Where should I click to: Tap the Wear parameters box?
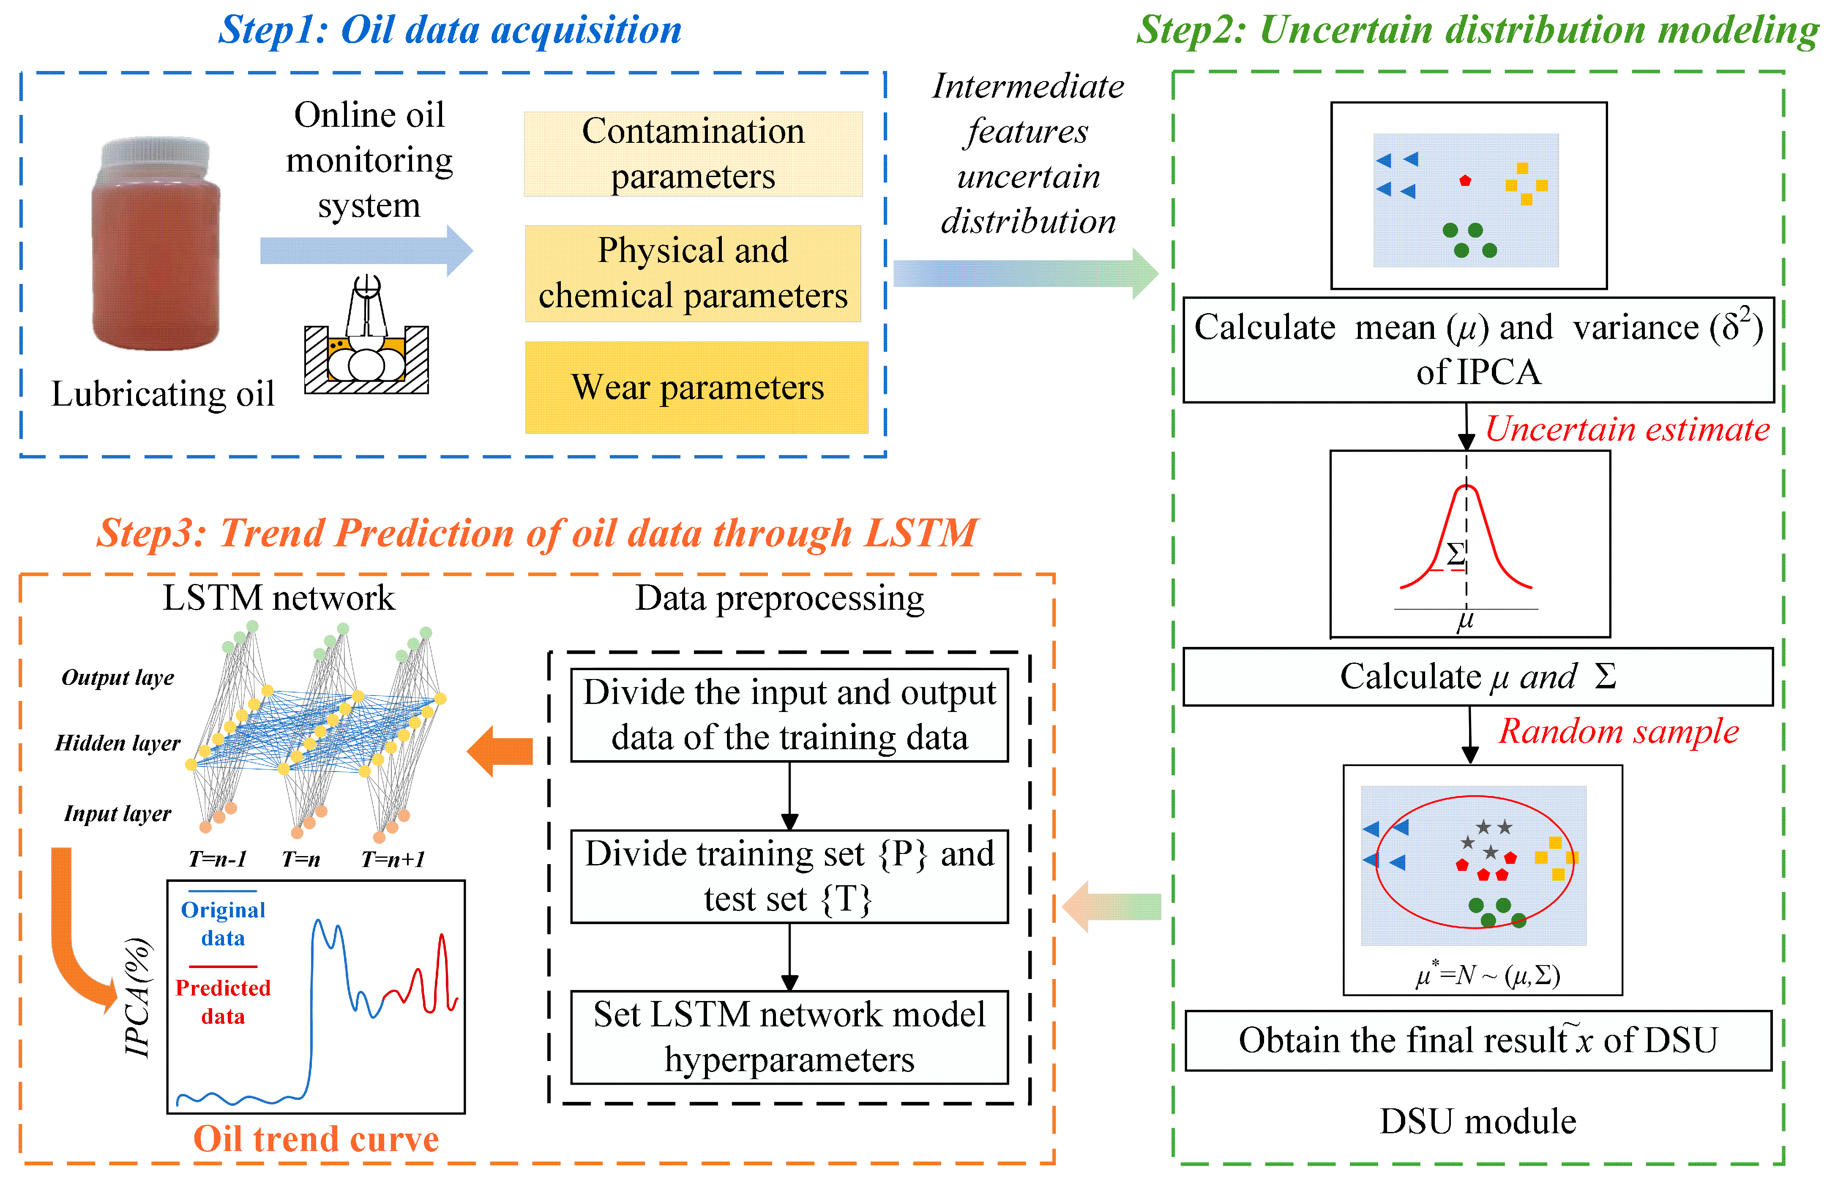[x=696, y=387]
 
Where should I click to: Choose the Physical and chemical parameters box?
[x=693, y=273]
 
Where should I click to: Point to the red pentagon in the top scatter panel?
[x=1465, y=181]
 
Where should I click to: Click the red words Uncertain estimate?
[x=1627, y=429]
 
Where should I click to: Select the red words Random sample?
[x=1618, y=731]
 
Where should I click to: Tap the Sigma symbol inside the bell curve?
[x=1455, y=554]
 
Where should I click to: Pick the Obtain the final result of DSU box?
[x=1477, y=1041]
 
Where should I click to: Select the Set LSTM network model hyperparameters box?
[x=789, y=1037]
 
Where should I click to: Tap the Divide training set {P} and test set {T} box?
[x=789, y=876]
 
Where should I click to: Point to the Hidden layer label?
[x=117, y=743]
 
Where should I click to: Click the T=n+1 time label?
[x=393, y=860]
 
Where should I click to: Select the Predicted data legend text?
[x=222, y=1001]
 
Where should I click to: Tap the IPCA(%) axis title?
[x=138, y=997]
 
